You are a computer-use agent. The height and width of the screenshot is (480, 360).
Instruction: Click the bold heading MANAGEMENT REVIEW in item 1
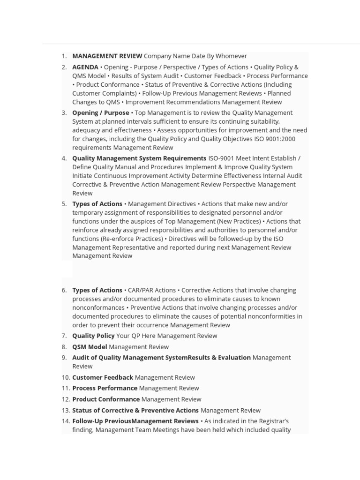[x=107, y=56]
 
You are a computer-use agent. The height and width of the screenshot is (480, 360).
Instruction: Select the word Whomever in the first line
[x=231, y=56]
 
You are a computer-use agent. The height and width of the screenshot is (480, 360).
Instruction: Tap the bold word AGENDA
[x=85, y=67]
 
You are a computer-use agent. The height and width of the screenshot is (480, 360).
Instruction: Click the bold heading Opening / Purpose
[x=100, y=113]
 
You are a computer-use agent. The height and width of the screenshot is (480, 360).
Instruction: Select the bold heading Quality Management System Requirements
[x=139, y=158]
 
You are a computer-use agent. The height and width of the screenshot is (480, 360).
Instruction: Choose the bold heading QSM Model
[x=90, y=347]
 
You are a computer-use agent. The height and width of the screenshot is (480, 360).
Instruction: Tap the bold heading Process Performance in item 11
[x=105, y=388]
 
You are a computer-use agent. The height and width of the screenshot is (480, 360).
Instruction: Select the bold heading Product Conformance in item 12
[x=106, y=399]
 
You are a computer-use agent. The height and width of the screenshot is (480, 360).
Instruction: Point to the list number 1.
[x=64, y=56]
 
